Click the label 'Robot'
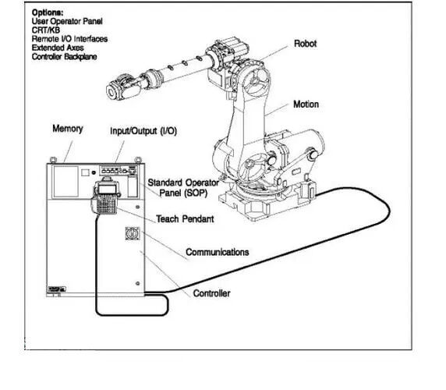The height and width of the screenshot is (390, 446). (305, 44)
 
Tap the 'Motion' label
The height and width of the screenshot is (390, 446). (306, 104)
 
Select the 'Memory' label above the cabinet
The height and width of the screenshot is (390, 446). (68, 129)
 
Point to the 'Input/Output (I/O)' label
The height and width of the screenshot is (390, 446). (143, 131)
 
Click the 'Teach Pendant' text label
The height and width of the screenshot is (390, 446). (185, 218)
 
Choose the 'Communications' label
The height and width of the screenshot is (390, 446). (218, 252)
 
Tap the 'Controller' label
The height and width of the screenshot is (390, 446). (211, 293)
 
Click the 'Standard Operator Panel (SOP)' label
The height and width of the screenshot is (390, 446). (183, 188)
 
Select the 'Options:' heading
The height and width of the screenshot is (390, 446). (48, 12)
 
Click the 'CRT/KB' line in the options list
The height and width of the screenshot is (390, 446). (46, 30)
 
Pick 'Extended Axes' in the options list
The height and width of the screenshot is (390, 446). (58, 48)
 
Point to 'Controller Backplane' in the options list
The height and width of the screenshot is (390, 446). (64, 57)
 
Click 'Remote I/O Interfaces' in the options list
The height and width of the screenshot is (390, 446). (69, 39)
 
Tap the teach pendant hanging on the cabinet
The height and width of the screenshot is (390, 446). (104, 196)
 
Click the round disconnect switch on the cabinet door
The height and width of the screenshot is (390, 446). (133, 233)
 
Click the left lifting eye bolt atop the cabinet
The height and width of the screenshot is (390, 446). (53, 160)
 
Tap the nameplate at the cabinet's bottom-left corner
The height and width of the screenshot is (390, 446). (57, 289)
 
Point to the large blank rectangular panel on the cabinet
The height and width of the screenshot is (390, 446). (66, 182)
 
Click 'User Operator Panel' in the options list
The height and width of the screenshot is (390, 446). (67, 21)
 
